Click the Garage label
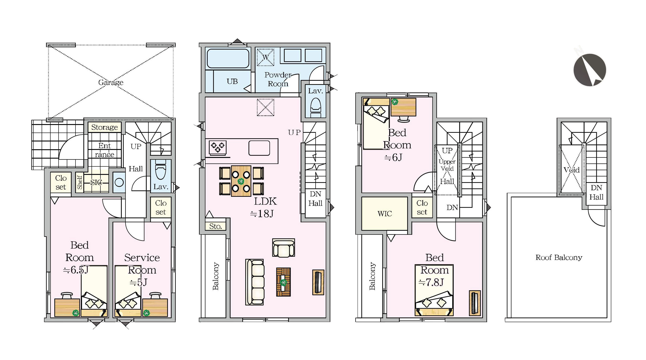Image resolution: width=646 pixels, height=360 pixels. click(111, 82)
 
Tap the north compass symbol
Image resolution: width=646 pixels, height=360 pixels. click(590, 70)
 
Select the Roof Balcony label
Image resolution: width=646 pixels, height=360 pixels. click(559, 257)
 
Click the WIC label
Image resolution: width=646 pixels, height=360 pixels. click(384, 214)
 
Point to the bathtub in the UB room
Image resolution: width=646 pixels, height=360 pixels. click(228, 58)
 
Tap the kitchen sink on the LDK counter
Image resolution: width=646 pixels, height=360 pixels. click(259, 148)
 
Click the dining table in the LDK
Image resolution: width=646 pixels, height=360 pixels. click(241, 181)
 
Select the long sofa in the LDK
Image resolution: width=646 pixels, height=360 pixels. click(255, 282)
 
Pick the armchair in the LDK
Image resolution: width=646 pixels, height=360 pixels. click(283, 247)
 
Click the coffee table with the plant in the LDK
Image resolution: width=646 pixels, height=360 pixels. click(283, 282)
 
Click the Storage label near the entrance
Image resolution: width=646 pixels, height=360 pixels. click(104, 127)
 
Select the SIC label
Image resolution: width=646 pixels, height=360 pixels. click(96, 182)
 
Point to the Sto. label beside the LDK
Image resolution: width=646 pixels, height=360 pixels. click(215, 226)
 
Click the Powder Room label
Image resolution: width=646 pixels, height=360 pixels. click(278, 79)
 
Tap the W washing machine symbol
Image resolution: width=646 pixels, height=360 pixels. click(265, 57)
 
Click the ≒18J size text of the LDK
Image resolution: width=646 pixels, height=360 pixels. click(262, 214)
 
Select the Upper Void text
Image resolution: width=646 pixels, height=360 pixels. click(447, 165)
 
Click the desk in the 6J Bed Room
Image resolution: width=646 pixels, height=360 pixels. click(403, 107)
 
